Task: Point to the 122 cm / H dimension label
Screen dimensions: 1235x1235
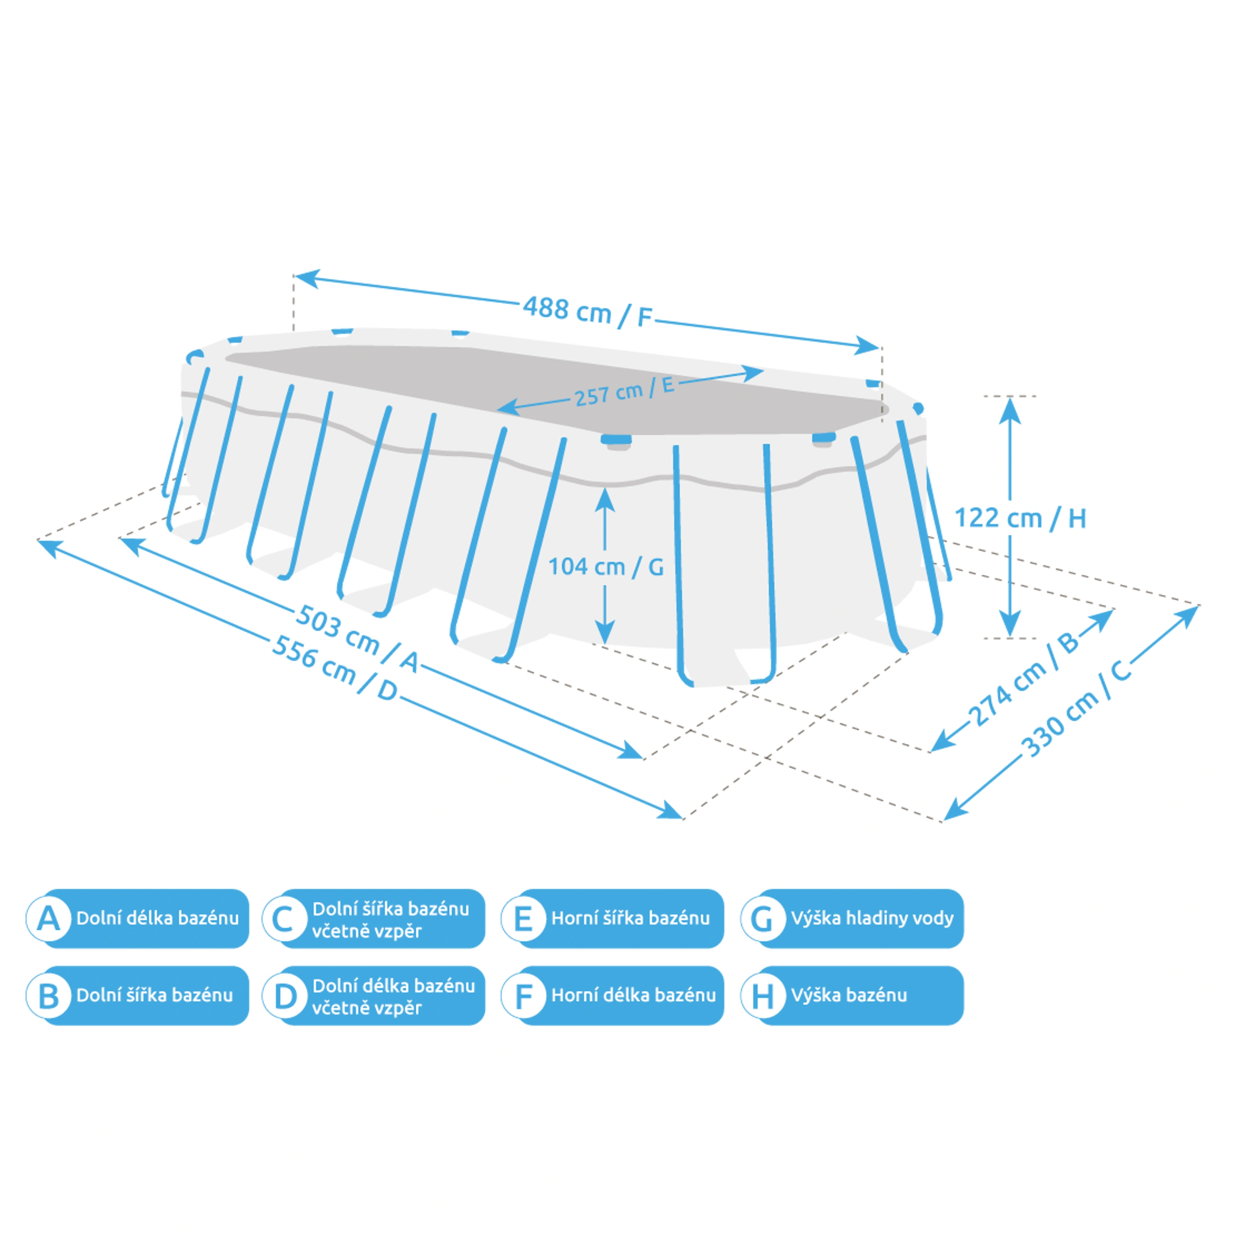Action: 1020,518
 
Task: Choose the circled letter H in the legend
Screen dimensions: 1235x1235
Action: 762,995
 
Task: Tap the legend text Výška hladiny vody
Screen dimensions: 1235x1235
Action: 872,918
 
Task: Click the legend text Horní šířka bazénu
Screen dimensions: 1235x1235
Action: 630,918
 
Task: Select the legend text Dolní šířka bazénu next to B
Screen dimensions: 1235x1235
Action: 155,995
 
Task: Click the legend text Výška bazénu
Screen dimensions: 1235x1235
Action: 849,995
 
